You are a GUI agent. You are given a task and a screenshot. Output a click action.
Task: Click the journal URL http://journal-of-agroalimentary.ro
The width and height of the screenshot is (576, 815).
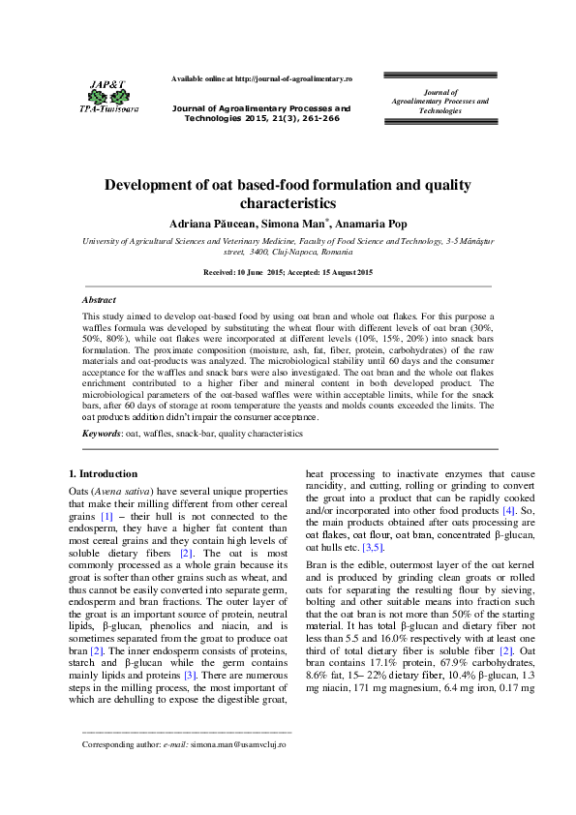tap(293, 77)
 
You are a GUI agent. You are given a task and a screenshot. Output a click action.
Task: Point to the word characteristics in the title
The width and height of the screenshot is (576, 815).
tap(288, 204)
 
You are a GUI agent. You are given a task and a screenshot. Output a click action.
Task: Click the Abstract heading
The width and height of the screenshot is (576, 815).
tap(99, 300)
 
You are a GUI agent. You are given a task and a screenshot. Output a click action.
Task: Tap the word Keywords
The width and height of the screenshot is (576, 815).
tap(102, 435)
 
